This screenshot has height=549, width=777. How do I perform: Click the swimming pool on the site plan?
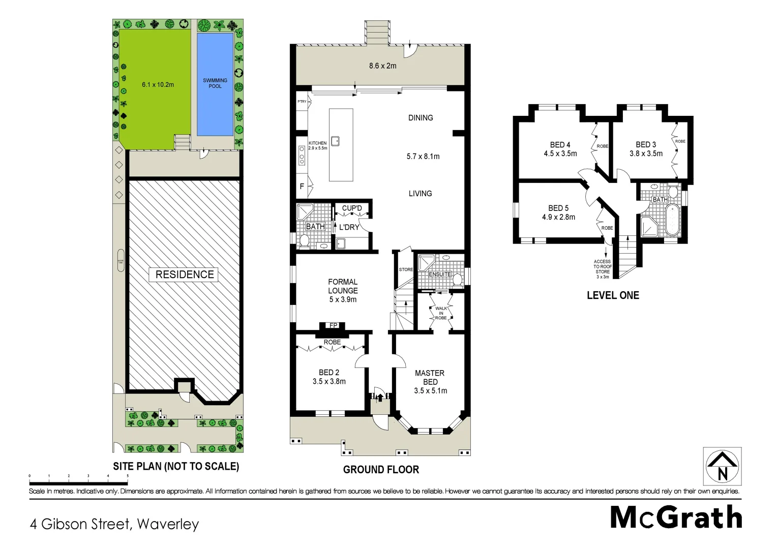pyautogui.click(x=215, y=84)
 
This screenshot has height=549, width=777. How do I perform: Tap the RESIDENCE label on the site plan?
pyautogui.click(x=185, y=274)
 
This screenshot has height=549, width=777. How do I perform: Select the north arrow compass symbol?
pyautogui.click(x=722, y=467)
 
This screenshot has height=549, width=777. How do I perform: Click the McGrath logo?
pyautogui.click(x=676, y=517)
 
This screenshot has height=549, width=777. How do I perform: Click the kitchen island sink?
pyautogui.click(x=335, y=141)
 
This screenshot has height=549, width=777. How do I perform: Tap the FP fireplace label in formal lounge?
pyautogui.click(x=334, y=325)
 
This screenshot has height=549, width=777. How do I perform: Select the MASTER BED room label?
pyautogui.click(x=430, y=377)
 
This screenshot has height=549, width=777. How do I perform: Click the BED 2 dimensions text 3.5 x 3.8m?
pyautogui.click(x=329, y=381)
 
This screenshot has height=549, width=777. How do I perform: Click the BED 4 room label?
pyautogui.click(x=560, y=145)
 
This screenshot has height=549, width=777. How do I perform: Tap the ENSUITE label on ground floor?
pyautogui.click(x=440, y=274)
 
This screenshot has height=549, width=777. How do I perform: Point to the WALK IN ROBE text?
pyautogui.click(x=441, y=313)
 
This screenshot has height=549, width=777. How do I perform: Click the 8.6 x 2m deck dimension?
pyautogui.click(x=382, y=66)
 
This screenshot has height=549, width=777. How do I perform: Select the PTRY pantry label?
pyautogui.click(x=302, y=102)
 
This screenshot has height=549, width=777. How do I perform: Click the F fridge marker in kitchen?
pyautogui.click(x=302, y=187)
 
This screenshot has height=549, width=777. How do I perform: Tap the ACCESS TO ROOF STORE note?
pyautogui.click(x=603, y=269)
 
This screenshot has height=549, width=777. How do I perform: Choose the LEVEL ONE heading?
pyautogui.click(x=613, y=295)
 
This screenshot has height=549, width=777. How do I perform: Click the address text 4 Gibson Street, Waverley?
pyautogui.click(x=114, y=524)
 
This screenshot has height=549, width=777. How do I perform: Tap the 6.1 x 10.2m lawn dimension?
pyautogui.click(x=158, y=84)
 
